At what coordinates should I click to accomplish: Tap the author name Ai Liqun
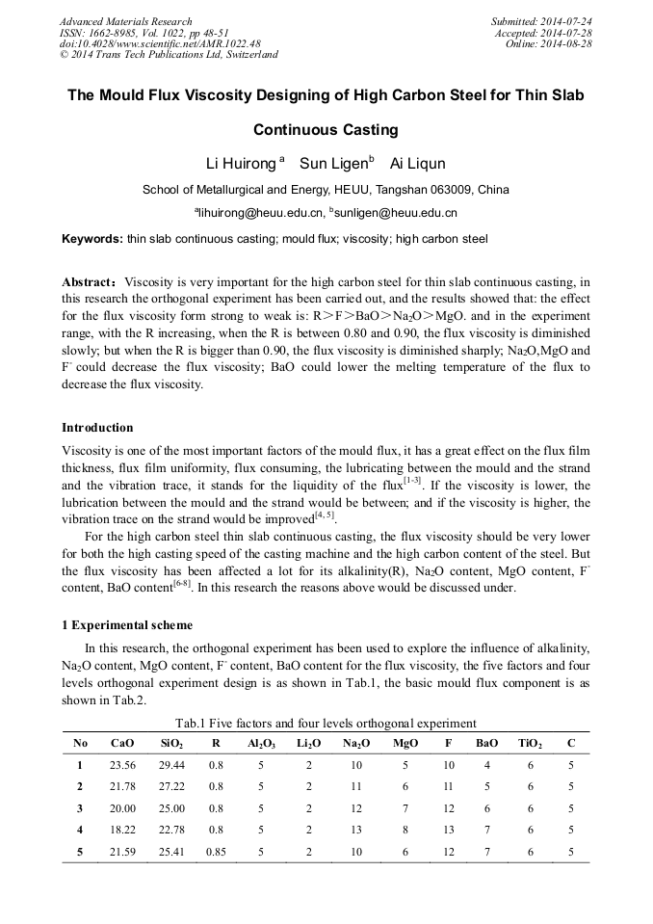pyautogui.click(x=418, y=164)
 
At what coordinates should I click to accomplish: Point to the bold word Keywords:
pyautogui.click(x=92, y=238)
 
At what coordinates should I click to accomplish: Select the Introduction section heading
pyautogui.click(x=97, y=428)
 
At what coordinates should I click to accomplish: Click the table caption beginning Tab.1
pyautogui.click(x=326, y=723)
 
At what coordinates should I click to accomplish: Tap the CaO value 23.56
pyautogui.click(x=122, y=765)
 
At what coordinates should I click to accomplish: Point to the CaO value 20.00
pyautogui.click(x=122, y=807)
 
